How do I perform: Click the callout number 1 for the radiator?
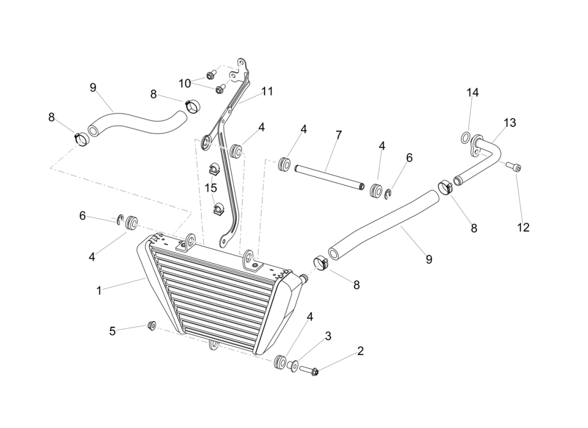[x=99, y=291]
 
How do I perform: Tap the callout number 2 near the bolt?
[x=360, y=351]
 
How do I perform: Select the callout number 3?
[x=328, y=336]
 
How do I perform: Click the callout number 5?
[x=112, y=331]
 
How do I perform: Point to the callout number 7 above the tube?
[x=338, y=135]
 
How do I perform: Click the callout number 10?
[x=184, y=83]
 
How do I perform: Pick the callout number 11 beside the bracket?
[x=267, y=91]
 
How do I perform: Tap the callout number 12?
[x=523, y=227]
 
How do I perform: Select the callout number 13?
[x=509, y=123]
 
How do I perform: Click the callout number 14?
[x=472, y=93]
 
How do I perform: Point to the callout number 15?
[x=211, y=188]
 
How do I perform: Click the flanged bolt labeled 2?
[x=310, y=370]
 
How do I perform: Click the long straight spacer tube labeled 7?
[x=328, y=177]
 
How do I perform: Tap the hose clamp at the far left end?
[x=81, y=139]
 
